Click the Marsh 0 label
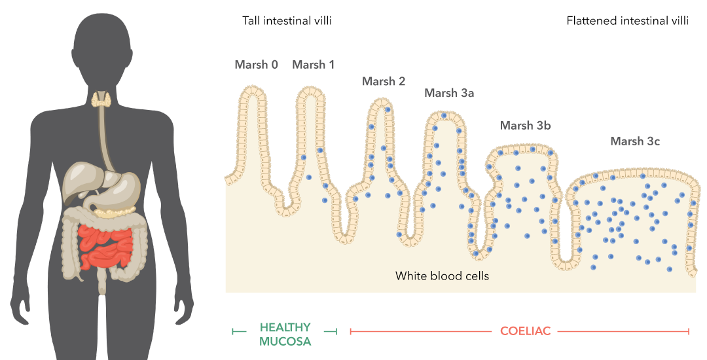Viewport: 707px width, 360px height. coord(256,65)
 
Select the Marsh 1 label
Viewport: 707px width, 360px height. coord(314,65)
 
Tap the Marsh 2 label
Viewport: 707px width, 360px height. coord(384,82)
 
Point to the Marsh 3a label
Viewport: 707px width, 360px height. coord(449,93)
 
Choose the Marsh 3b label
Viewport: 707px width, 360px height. coord(525,126)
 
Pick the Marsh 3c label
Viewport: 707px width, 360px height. coord(635,141)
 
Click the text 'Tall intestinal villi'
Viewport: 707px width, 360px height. coord(287,21)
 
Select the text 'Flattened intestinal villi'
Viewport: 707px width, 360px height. coord(628,21)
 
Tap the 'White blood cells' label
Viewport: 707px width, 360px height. coord(442,276)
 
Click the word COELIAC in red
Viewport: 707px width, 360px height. coord(525,331)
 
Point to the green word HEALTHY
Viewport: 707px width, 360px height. coord(285,327)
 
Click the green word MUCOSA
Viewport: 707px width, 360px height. coord(285,342)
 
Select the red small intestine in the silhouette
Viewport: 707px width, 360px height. coord(106,247)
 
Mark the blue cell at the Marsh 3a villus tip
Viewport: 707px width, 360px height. coord(444,116)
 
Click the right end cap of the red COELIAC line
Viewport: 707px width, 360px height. coord(689,332)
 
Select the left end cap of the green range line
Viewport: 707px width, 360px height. coord(232,332)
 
